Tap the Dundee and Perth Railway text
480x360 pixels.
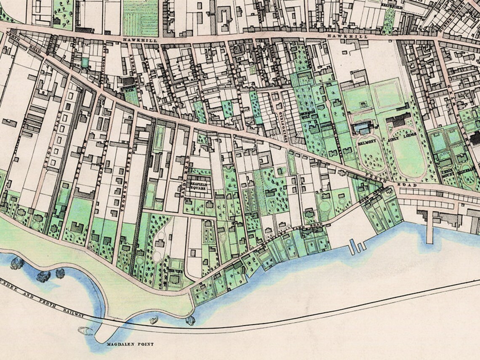42,301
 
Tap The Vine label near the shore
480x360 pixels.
175,272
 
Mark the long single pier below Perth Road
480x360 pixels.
429,227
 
